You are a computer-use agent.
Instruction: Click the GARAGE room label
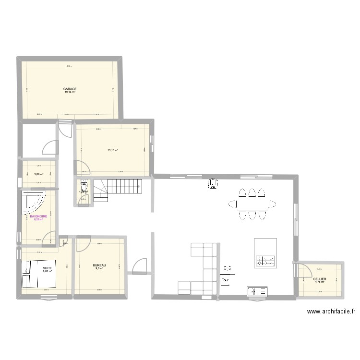(x=70, y=89)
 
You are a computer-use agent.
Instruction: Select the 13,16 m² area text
(x=112, y=150)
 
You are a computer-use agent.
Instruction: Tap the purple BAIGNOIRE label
(x=38, y=216)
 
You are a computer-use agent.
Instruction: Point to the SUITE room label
(x=47, y=268)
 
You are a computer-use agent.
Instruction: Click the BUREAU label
(x=99, y=265)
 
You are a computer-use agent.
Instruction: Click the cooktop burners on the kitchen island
(x=266, y=261)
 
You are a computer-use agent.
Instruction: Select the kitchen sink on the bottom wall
(x=258, y=291)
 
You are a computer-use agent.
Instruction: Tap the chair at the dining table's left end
(x=232, y=205)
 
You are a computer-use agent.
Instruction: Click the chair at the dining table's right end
(x=274, y=205)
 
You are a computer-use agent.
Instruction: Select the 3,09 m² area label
(x=39, y=174)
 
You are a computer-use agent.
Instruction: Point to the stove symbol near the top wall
(x=212, y=183)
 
